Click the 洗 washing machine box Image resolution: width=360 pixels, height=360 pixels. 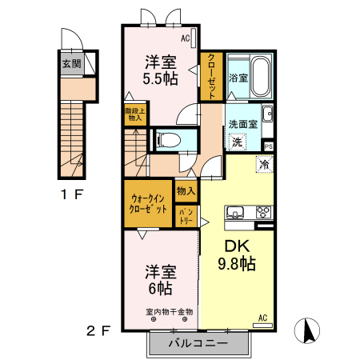[x=236, y=142]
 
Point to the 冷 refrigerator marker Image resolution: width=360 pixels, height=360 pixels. [x=263, y=165]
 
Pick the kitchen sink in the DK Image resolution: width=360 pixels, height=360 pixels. [x=236, y=212]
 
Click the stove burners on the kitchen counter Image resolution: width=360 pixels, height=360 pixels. [x=262, y=212]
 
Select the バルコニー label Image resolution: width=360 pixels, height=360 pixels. [x=198, y=343]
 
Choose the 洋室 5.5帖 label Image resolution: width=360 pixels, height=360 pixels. [x=161, y=70]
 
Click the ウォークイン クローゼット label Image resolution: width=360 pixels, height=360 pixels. [x=148, y=202]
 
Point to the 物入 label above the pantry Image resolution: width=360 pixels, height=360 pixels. [x=186, y=191]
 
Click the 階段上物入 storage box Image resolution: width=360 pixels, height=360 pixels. [x=134, y=114]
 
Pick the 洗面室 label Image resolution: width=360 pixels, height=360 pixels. [x=242, y=124]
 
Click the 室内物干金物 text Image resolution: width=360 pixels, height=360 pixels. [x=169, y=311]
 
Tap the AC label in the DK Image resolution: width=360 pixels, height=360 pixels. [x=262, y=318]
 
